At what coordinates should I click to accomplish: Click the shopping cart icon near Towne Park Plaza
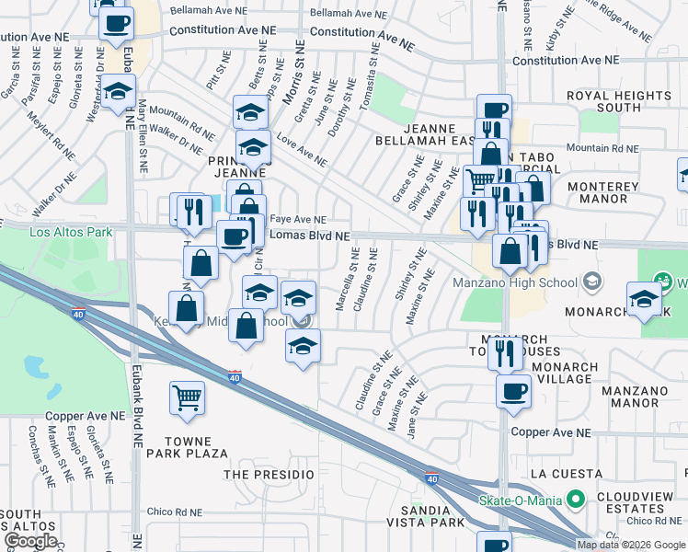[187, 397]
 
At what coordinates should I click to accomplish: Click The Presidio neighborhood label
[269, 474]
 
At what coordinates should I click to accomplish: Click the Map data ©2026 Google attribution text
[630, 545]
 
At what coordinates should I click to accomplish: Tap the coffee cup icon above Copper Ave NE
[513, 391]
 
